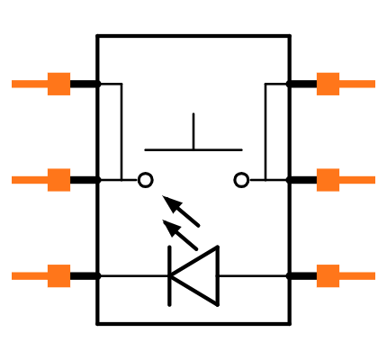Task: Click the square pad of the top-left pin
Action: pos(58,84)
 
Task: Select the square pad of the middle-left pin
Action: pos(58,180)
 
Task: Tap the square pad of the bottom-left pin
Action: pos(58,276)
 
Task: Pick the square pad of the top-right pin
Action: pos(328,84)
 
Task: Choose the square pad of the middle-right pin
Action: pos(328,180)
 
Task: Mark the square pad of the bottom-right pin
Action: pos(328,276)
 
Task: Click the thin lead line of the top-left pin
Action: pos(29,84)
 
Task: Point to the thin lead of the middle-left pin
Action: pos(29,180)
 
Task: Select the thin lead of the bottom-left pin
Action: pos(29,276)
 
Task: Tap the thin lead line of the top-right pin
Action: pos(357,84)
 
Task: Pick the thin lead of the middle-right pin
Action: pos(357,180)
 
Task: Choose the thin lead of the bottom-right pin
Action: pos(357,276)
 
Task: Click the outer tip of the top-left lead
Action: pos(13,84)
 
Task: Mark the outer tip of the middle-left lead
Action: pos(13,180)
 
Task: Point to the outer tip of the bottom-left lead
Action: pos(13,276)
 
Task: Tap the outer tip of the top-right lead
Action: pos(373,84)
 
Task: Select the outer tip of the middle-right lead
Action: pos(373,180)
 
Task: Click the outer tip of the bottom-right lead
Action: pos(373,276)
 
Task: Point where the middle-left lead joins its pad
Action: pos(47,180)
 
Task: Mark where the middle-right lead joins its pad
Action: pos(339,180)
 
